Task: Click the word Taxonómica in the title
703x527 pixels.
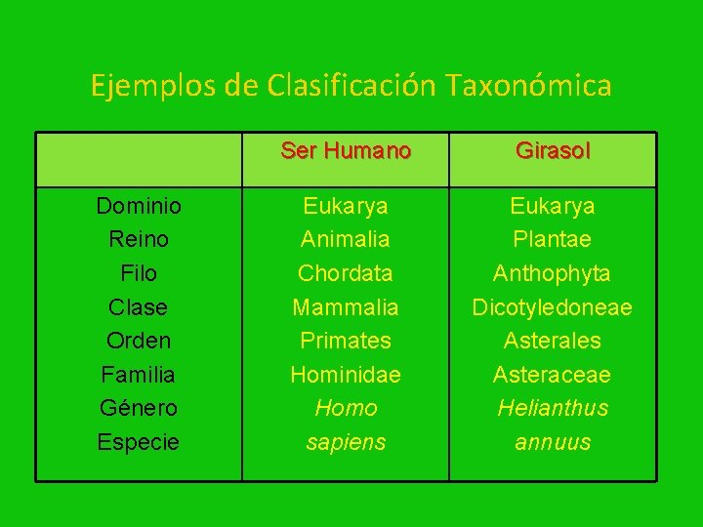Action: [529, 86]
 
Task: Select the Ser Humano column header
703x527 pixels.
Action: [346, 151]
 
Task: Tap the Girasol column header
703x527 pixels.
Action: [553, 151]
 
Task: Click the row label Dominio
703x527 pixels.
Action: [139, 206]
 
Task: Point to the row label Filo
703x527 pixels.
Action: [139, 273]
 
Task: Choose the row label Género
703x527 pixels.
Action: [139, 408]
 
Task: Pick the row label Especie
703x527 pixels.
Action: [139, 442]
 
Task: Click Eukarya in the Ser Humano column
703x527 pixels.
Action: [346, 206]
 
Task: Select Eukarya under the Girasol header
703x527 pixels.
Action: [553, 206]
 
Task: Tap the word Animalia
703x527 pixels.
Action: [346, 239]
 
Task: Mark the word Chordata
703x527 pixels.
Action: [346, 273]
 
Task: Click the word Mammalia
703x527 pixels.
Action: [346, 307]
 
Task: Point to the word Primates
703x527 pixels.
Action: [346, 341]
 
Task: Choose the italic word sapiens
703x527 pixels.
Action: [346, 442]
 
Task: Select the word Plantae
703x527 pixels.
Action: [553, 239]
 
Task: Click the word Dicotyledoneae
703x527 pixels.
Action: [553, 307]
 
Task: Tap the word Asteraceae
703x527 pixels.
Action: [553, 375]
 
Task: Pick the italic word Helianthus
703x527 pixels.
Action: [553, 408]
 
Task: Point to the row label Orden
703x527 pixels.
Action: [139, 341]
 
